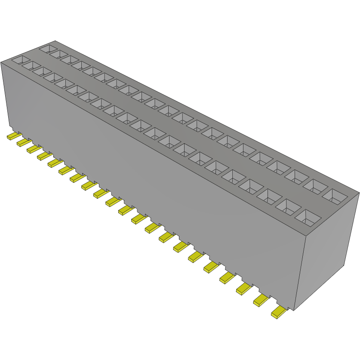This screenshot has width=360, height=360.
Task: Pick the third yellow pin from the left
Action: point(33,148)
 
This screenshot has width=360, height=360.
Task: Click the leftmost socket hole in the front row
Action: point(20,60)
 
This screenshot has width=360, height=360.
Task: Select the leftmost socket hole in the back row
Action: point(48,49)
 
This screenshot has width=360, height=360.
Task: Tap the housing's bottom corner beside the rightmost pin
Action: point(294,309)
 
